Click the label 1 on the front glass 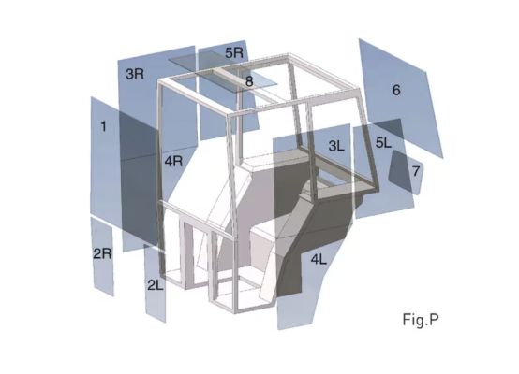pyautogui.click(x=104, y=126)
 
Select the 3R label pyautogui.click(x=135, y=74)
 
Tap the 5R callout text pyautogui.click(x=234, y=52)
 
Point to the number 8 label pyautogui.click(x=249, y=81)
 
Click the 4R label pyautogui.click(x=173, y=161)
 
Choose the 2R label pyautogui.click(x=102, y=253)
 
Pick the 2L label pyautogui.click(x=156, y=285)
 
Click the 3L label pyautogui.click(x=336, y=146)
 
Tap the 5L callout pyautogui.click(x=383, y=143)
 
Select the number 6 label pyautogui.click(x=396, y=90)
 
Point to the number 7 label pyautogui.click(x=416, y=171)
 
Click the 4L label pyautogui.click(x=319, y=260)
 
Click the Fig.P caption pyautogui.click(x=421, y=320)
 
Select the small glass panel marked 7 pyautogui.click(x=406, y=172)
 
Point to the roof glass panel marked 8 pyautogui.click(x=222, y=74)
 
